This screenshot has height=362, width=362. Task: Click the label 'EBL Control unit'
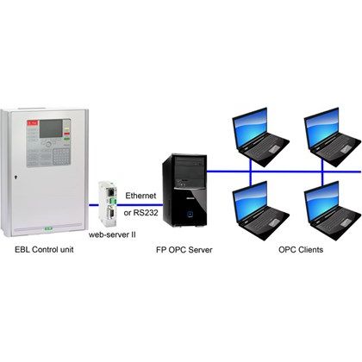point(44,249)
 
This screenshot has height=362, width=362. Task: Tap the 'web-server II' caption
point(112,234)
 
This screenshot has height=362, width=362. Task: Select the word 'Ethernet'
point(140,196)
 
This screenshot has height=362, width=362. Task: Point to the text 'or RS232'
point(141,213)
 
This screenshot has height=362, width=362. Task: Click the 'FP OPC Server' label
point(184,250)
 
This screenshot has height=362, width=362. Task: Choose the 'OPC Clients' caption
point(301,250)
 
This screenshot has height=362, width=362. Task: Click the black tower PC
point(184,190)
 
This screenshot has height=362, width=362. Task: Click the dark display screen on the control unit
point(51,128)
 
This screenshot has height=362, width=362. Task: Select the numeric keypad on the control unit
point(61,157)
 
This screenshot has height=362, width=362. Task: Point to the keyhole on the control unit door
point(16,178)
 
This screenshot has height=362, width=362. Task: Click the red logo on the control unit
point(32,123)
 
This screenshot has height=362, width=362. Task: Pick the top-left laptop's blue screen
point(250,128)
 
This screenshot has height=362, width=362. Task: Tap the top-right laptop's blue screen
point(322,128)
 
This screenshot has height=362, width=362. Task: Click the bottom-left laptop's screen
point(250,202)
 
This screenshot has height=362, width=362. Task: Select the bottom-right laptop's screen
point(322,202)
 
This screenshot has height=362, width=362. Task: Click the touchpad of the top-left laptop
point(274,148)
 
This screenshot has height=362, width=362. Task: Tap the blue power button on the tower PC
point(190,214)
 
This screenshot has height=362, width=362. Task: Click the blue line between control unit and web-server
point(93,205)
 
